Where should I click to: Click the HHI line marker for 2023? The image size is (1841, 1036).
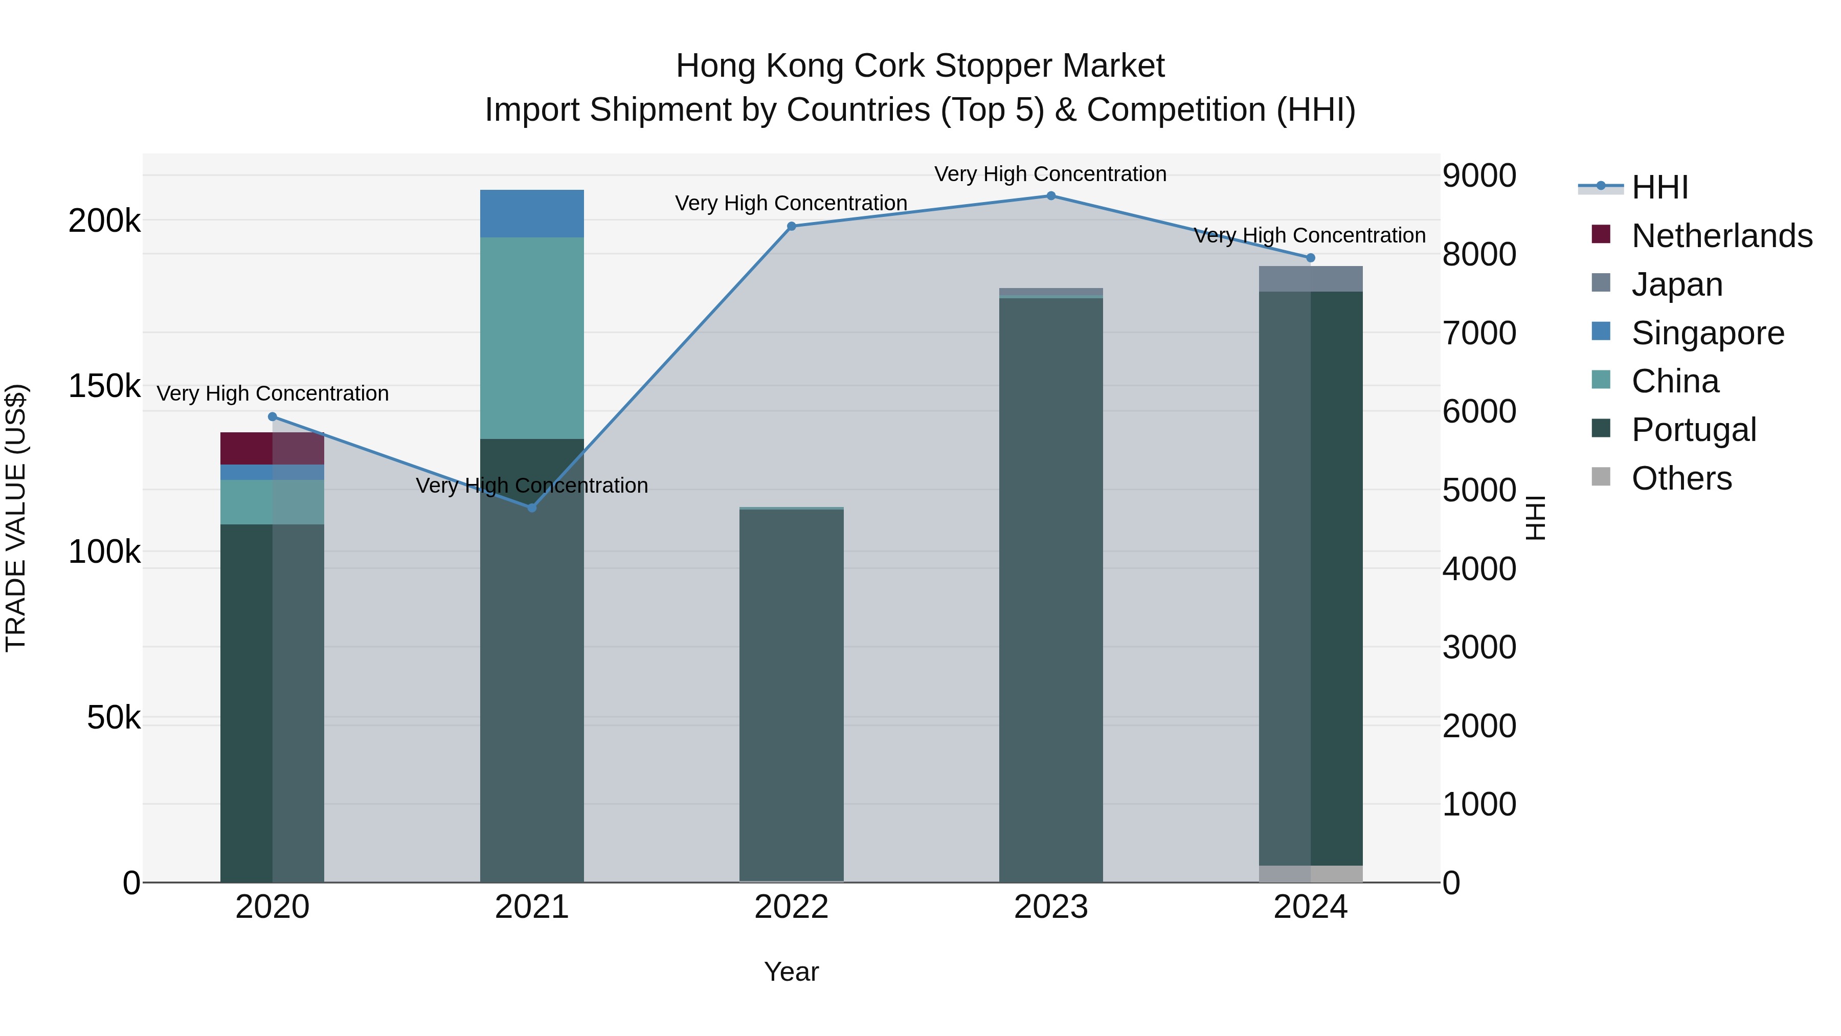pyautogui.click(x=1050, y=196)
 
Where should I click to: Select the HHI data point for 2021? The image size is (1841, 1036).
pyautogui.click(x=532, y=508)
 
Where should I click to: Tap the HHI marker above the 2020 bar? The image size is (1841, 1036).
pyautogui.click(x=272, y=417)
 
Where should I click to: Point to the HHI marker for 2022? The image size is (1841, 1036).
pyautogui.click(x=791, y=227)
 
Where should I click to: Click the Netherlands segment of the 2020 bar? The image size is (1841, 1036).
pyautogui.click(x=272, y=448)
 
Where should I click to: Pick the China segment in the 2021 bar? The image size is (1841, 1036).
pyautogui.click(x=532, y=338)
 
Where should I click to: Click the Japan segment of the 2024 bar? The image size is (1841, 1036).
pyautogui.click(x=1310, y=279)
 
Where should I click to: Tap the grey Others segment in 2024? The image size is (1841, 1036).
pyautogui.click(x=1310, y=874)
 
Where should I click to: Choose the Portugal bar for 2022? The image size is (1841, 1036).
pyautogui.click(x=791, y=694)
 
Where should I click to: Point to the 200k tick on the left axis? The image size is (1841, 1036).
pyautogui.click(x=104, y=221)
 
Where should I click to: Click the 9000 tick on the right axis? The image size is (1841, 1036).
pyautogui.click(x=1478, y=176)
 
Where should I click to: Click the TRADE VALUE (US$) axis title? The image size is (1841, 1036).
pyautogui.click(x=16, y=518)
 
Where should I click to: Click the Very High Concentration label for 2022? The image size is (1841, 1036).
pyautogui.click(x=791, y=203)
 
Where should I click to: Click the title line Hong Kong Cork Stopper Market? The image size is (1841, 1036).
pyautogui.click(x=920, y=66)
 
